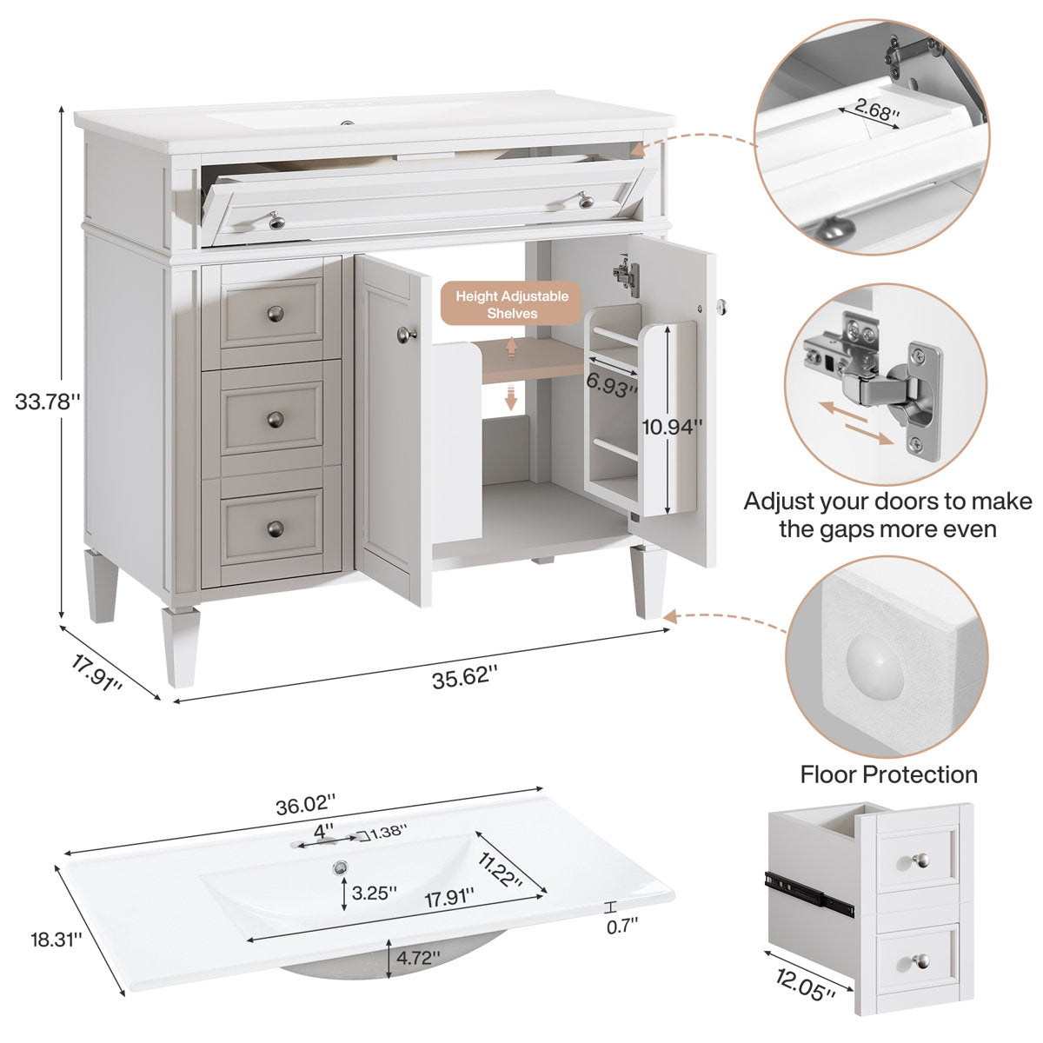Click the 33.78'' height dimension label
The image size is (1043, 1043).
48,402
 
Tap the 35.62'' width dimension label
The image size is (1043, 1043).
465,676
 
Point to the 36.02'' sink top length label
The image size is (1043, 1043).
305,805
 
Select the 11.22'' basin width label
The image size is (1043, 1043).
501,870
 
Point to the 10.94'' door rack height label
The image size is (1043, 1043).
672,426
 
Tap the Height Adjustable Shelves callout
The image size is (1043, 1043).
512,304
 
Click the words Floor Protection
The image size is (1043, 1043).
888,774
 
